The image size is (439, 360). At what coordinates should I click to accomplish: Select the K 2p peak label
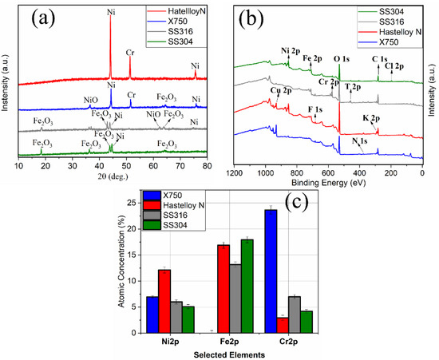pyautogui.click(x=370, y=117)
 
